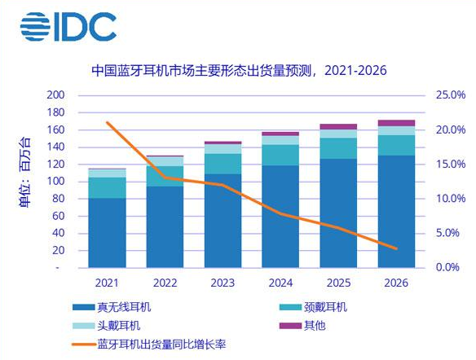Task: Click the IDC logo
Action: pos(68,27)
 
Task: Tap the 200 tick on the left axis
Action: pos(55,96)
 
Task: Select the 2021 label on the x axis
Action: pos(107,283)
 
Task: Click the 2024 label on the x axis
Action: pos(280,283)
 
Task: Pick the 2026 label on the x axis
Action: pos(395,283)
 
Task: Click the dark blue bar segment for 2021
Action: pos(107,232)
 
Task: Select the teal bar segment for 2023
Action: pos(223,163)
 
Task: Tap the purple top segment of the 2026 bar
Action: pos(395,123)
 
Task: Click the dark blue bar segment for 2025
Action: pos(337,212)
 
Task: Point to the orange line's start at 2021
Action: pos(108,123)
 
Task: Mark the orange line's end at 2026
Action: pos(396,248)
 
